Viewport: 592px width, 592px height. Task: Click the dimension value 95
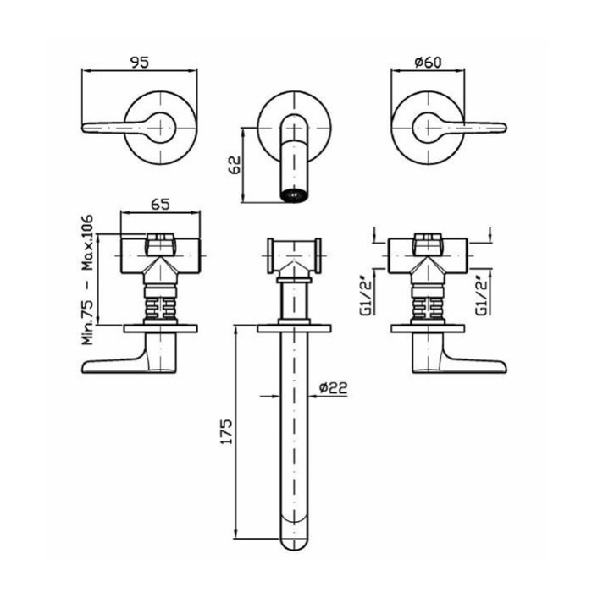[140, 62]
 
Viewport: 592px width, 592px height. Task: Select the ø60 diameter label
[428, 62]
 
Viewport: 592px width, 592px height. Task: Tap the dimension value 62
[235, 165]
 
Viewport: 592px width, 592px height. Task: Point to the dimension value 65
[161, 205]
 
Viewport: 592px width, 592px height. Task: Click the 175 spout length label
[226, 430]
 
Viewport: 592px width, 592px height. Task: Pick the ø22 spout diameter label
[333, 388]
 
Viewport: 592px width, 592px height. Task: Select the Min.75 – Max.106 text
[87, 280]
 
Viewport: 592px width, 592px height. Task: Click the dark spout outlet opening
[294, 195]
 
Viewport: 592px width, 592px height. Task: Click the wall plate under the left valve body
[161, 328]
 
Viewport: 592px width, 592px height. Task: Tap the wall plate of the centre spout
[294, 328]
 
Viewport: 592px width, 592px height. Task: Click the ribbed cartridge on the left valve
[161, 307]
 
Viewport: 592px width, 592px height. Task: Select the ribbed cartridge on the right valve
[429, 307]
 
